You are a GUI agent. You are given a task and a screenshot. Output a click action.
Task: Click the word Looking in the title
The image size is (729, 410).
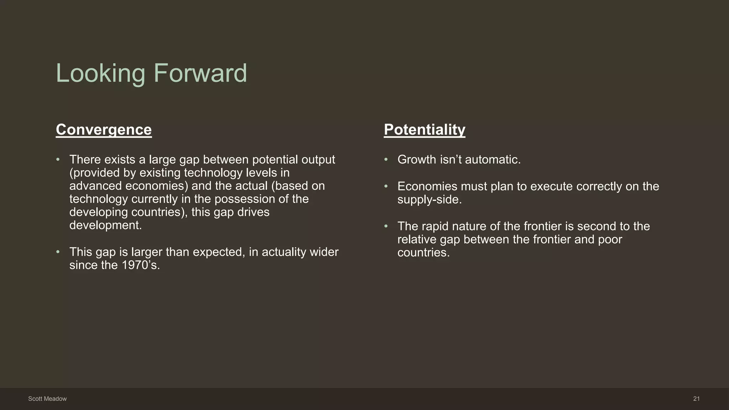[101, 73]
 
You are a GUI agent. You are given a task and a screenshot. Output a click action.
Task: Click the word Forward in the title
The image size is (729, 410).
[200, 73]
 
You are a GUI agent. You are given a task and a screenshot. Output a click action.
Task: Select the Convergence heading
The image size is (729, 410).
[104, 130]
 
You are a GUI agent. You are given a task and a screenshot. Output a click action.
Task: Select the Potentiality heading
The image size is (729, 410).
[424, 130]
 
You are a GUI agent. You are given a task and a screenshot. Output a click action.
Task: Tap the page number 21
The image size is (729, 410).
[696, 399]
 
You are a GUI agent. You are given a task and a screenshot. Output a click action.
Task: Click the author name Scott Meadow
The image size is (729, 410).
[47, 399]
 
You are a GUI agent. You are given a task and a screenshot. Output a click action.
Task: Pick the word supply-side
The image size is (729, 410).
[429, 200]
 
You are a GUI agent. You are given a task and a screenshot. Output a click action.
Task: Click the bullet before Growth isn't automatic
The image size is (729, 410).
[386, 160]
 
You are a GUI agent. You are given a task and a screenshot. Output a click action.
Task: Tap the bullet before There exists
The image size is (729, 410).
[58, 160]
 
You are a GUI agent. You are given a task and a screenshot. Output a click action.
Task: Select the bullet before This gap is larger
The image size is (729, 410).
[58, 252]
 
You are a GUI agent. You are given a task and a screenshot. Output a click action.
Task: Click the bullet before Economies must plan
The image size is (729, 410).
[386, 186]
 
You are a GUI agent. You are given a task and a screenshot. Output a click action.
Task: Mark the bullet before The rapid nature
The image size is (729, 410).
[386, 226]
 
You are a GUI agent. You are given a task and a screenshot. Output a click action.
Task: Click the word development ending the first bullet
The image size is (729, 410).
[105, 225]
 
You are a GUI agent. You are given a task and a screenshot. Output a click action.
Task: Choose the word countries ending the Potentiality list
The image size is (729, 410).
[423, 253]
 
